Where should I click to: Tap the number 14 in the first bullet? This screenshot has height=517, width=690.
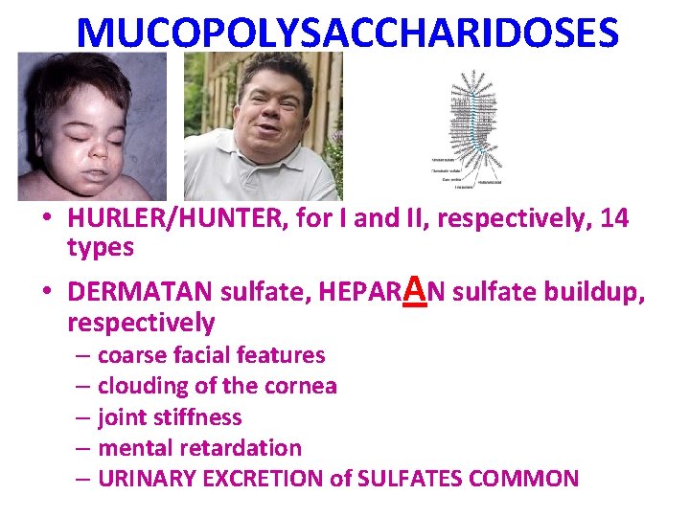point(612,219)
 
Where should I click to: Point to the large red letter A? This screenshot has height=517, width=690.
point(415,286)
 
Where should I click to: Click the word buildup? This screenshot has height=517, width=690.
point(593,291)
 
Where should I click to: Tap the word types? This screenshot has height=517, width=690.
point(101,247)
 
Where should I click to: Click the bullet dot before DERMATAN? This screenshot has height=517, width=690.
point(47,291)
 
